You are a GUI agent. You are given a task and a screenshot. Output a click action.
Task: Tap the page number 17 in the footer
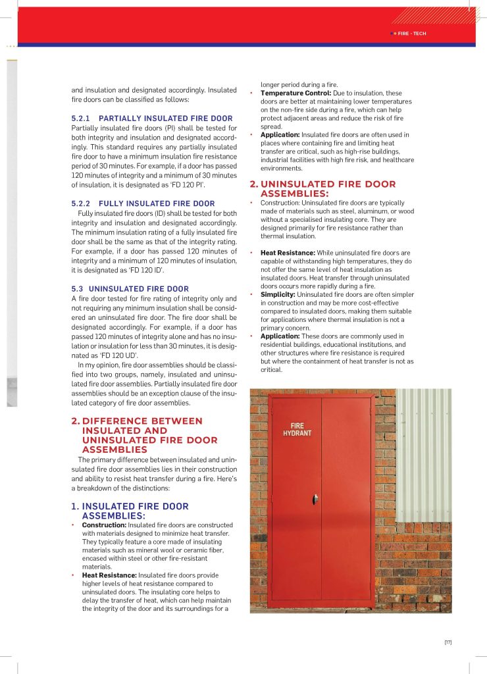[x=448, y=642]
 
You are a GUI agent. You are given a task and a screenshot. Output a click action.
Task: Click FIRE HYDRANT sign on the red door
[x=297, y=430]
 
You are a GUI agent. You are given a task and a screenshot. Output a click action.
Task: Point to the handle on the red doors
[x=315, y=500]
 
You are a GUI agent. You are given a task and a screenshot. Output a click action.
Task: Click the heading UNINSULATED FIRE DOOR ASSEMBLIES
[x=328, y=189]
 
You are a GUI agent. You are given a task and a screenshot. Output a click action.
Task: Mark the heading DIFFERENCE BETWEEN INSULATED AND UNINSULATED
[x=141, y=435]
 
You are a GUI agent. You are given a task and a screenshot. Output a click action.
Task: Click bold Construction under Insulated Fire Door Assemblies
[x=104, y=525]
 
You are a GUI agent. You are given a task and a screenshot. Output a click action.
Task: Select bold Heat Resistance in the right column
[x=288, y=253]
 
